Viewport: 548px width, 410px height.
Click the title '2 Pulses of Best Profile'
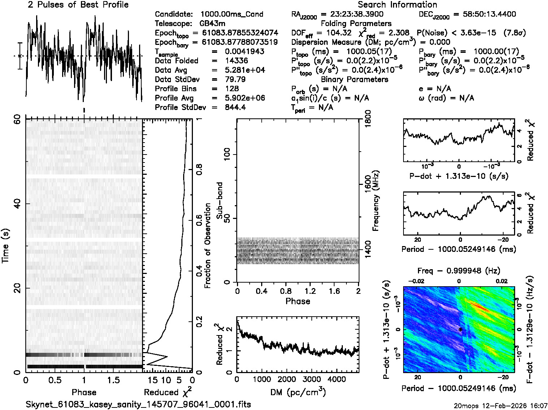tap(78, 5)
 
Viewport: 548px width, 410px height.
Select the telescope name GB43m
tap(212, 24)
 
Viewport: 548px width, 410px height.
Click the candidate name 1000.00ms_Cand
tap(232, 14)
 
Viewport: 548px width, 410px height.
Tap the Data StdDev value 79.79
tap(235, 79)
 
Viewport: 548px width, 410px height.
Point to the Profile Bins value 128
tap(232, 89)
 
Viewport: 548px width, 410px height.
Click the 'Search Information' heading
tap(397, 5)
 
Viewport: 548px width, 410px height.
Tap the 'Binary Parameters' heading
tap(354, 79)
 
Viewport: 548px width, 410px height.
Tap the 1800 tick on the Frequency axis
tap(368, 118)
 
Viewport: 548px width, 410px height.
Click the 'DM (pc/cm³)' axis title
tap(298, 392)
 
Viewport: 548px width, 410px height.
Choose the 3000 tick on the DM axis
tap(311, 379)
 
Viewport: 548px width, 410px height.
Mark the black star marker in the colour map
tap(460, 330)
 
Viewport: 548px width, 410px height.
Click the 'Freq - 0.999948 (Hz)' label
tap(458, 271)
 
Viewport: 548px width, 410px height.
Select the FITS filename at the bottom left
tap(138, 405)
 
